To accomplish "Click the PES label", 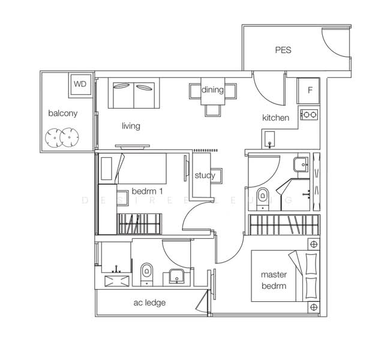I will click(x=283, y=50).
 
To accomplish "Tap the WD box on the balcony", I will click(x=80, y=84).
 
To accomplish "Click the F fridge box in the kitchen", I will click(x=310, y=91).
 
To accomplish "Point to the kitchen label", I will click(x=275, y=118).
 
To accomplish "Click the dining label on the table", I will click(x=212, y=91).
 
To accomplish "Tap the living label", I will click(x=131, y=126).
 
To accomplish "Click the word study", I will click(x=205, y=176).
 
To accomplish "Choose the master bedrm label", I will click(x=274, y=280).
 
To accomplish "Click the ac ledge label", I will click(x=149, y=302).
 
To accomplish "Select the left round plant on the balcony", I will click(x=55, y=139).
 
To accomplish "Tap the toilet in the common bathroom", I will click(x=146, y=274).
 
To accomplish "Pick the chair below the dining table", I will click(x=212, y=110).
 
